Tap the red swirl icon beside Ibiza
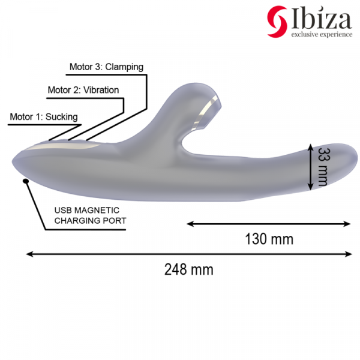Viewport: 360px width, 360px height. [277, 21]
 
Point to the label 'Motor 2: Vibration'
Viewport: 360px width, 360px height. [83, 90]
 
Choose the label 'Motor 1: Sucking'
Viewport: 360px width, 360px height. [44, 116]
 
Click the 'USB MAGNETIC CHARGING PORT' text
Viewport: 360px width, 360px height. [90, 215]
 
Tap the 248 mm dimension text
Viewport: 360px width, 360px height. [188, 269]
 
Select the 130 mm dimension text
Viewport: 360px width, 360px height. [269, 239]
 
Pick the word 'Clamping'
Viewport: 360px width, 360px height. [124, 67]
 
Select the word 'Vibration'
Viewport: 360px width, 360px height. [101, 90]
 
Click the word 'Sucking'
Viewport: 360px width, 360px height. [62, 116]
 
